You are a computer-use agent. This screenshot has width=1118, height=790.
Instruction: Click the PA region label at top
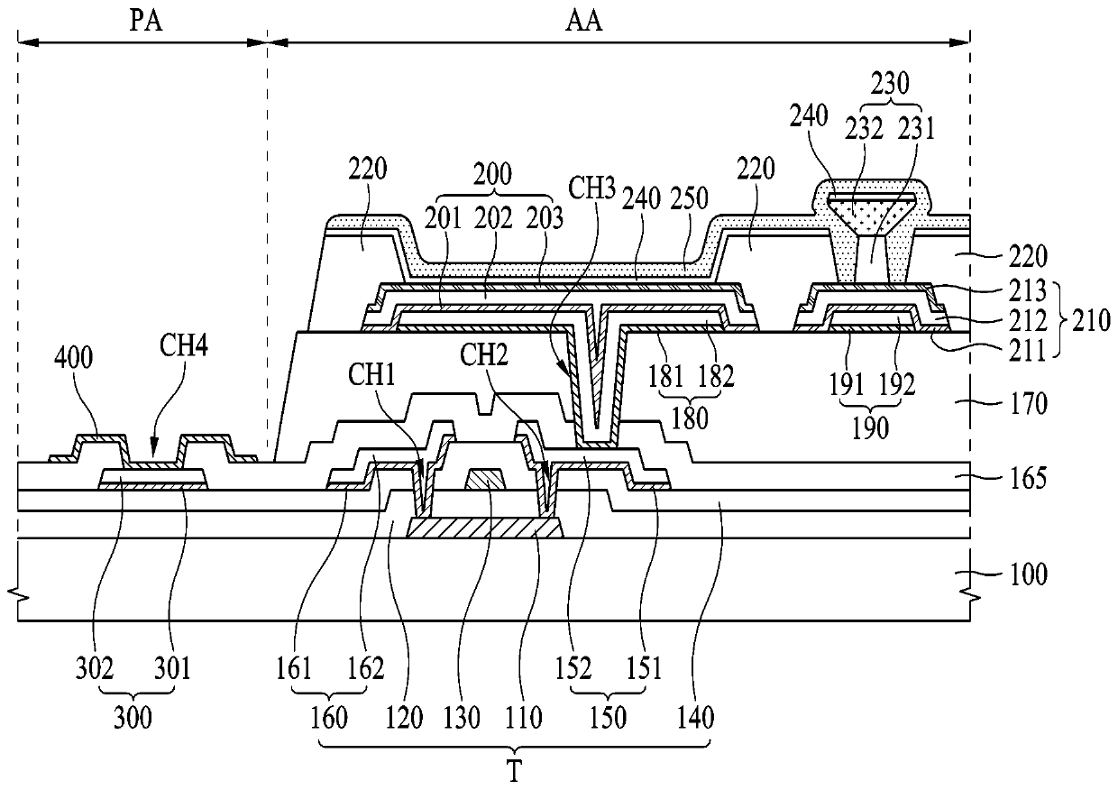146,22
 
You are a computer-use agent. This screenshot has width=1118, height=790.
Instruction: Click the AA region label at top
583,22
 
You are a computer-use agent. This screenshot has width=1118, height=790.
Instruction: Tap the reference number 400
73,358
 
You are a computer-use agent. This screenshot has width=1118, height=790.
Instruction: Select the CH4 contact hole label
184,345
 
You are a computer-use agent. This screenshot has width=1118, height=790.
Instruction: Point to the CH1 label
371,374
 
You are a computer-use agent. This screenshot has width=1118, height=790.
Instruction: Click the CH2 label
483,355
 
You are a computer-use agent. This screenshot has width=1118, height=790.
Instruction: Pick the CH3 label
592,189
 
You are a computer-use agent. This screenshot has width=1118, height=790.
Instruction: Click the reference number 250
689,198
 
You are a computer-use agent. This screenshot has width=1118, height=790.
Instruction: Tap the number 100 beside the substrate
1029,574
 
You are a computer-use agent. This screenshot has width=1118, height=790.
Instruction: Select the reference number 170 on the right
1029,404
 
